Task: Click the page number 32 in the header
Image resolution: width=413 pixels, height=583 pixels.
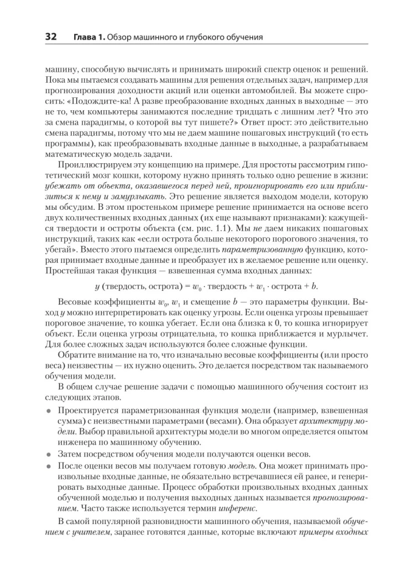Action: click(x=47, y=37)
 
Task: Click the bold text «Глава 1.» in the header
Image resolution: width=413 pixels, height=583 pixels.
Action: click(x=88, y=38)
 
